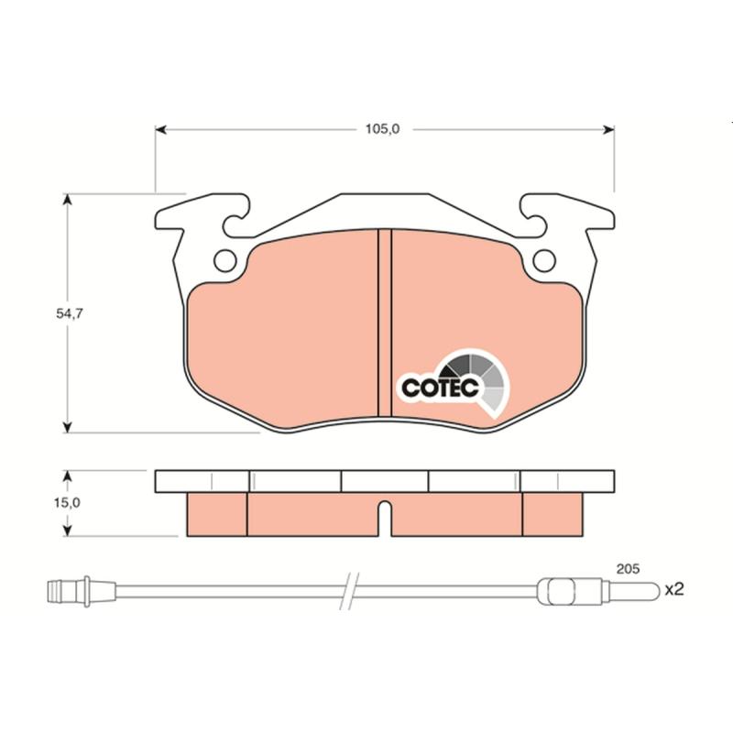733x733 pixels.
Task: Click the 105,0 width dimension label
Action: coord(382,129)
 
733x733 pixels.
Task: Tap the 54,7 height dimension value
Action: coord(70,313)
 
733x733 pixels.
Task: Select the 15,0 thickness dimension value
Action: coord(67,502)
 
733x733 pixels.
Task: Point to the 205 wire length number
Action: coord(628,569)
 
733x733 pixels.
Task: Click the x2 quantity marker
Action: coord(674,589)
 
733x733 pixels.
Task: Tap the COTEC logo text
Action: coord(440,388)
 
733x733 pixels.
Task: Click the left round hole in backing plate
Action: coord(225,261)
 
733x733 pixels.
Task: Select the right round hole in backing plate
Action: coord(544,261)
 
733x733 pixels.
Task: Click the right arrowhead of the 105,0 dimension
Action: coord(608,129)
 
